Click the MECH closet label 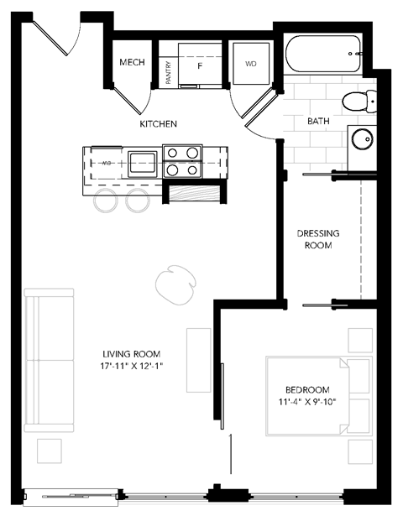[x=131, y=62]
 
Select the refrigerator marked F [x=200, y=64]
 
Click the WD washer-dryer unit [x=250, y=64]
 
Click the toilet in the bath [x=359, y=102]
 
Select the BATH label [x=318, y=122]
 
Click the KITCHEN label [x=159, y=124]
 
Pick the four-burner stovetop [x=183, y=161]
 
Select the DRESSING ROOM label [x=315, y=239]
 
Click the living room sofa [x=49, y=361]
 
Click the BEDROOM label [x=307, y=390]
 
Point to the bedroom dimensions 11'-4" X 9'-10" [x=307, y=404]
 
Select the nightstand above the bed [x=359, y=340]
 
